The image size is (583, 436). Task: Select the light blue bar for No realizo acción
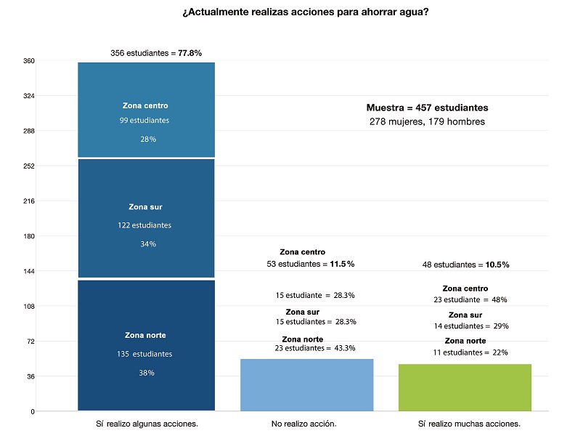pos(306,385)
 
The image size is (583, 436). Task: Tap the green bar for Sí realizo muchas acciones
pos(465,387)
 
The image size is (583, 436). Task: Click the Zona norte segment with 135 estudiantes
pos(146,345)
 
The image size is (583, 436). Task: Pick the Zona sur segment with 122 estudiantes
pos(146,218)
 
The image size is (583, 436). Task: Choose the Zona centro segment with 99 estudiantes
pos(146,110)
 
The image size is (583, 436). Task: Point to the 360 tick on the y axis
pos(29,61)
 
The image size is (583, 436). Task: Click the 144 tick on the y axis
pos(29,271)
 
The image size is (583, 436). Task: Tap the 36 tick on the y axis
pos(29,376)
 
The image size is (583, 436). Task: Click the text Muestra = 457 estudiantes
pos(426,108)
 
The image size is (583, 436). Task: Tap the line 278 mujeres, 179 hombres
pos(426,122)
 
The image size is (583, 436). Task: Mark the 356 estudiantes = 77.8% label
pos(155,53)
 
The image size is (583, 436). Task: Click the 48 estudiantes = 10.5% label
pos(465,265)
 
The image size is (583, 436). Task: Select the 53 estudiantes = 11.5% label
pos(311,264)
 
